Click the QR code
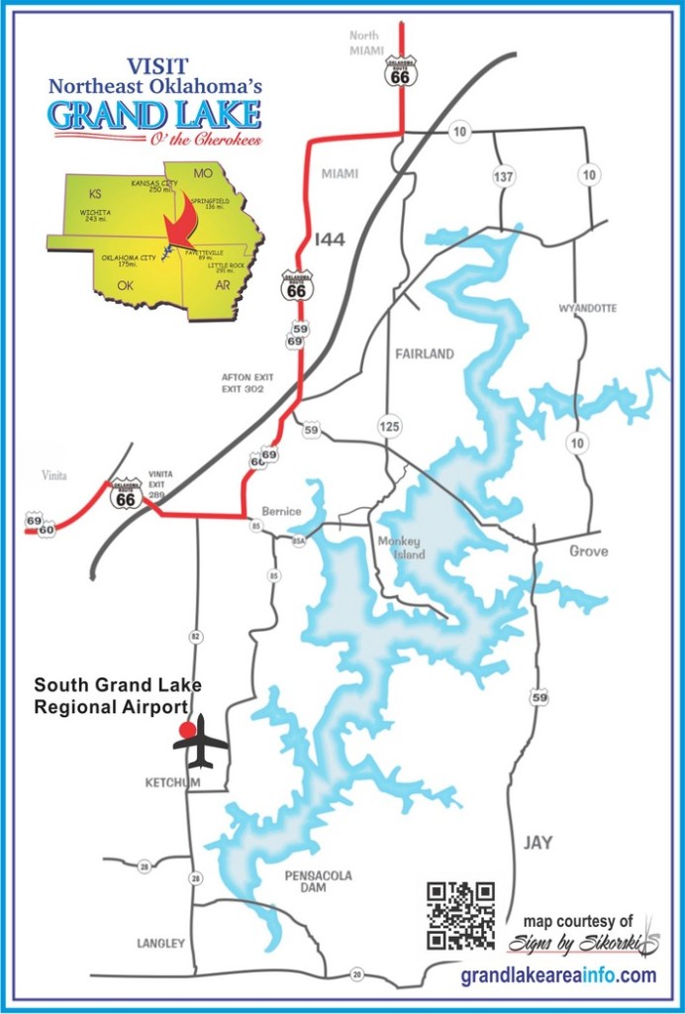click(460, 915)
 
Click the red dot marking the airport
click(185, 730)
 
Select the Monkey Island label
click(400, 548)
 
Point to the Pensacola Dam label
click(318, 882)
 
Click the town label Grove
click(588, 551)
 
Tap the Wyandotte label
click(587, 308)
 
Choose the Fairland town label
click(424, 354)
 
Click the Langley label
click(160, 944)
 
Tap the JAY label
click(538, 843)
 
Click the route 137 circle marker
click(505, 176)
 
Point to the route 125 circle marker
click(389, 427)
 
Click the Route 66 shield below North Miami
click(401, 70)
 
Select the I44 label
click(330, 240)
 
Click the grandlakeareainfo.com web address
click(558, 975)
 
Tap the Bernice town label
click(280, 512)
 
